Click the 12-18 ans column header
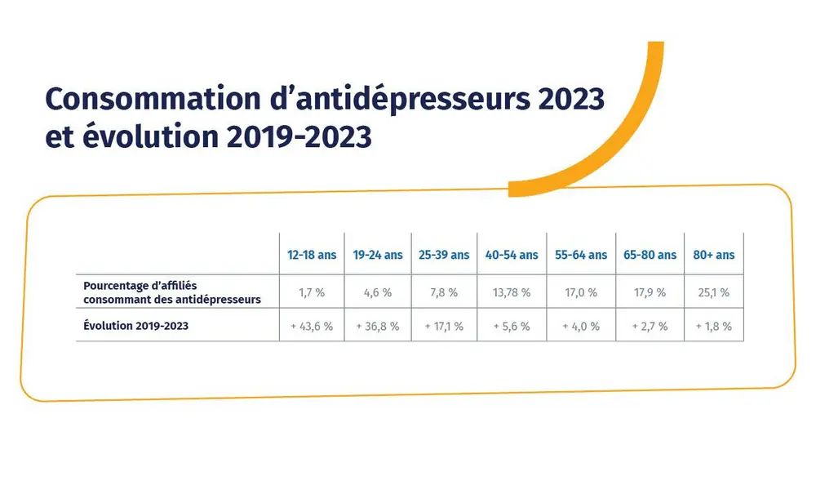point(312,255)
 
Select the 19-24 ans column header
point(378,255)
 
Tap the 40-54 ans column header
point(512,255)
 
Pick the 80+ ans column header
point(714,255)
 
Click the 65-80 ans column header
point(650,255)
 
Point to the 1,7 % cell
point(312,292)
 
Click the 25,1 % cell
point(714,292)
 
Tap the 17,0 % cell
point(581,292)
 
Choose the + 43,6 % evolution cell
point(312,326)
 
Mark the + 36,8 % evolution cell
point(378,326)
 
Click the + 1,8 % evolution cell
point(714,326)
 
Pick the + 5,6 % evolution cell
point(512,326)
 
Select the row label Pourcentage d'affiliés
point(140,286)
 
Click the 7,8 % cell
point(444,292)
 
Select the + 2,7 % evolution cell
point(650,326)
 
